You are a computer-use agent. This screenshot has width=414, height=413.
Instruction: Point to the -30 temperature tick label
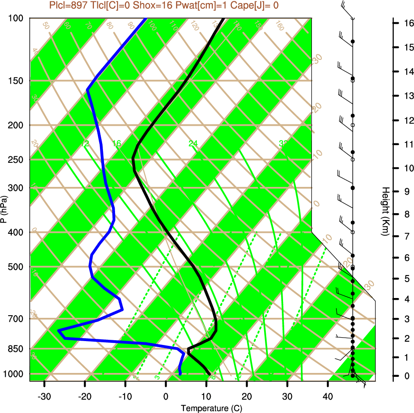coord(44,396)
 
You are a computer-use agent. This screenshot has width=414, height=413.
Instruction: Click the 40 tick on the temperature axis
coord(328,396)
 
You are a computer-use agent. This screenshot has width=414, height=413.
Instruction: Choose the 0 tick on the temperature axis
coord(166,396)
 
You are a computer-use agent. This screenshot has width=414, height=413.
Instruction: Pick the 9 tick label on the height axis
coord(407,191)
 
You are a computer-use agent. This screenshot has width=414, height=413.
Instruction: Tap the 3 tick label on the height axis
coord(407,318)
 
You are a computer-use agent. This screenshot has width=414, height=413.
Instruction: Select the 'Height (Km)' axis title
coord(386,211)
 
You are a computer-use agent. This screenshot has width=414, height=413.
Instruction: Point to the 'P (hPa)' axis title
coord(4,209)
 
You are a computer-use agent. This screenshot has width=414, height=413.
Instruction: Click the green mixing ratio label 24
coord(193,143)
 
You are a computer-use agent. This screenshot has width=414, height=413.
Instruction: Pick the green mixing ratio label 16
coord(117,143)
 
